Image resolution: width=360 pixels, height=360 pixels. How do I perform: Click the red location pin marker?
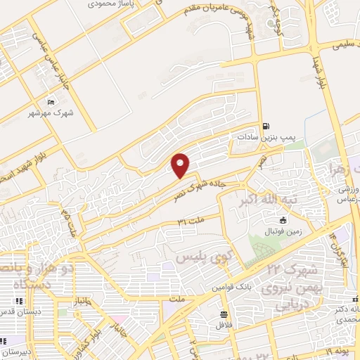pyautogui.click(x=181, y=165)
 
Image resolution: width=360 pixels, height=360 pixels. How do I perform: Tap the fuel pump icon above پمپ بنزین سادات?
pyautogui.click(x=265, y=127)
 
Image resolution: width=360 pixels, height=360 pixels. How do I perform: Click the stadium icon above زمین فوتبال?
pyautogui.click(x=264, y=221)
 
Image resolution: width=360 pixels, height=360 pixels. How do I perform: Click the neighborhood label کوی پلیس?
pyautogui.click(x=193, y=257)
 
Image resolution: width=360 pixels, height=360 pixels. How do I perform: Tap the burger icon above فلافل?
pyautogui.click(x=224, y=314)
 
